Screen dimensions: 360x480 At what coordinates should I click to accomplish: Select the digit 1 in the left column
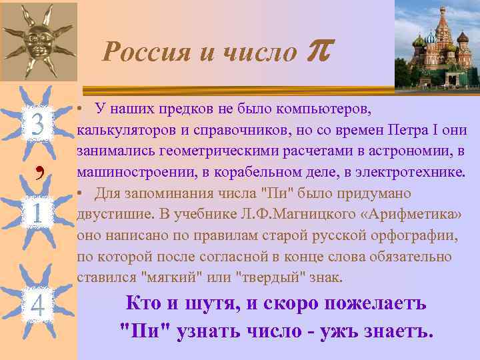[x=37, y=213]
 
